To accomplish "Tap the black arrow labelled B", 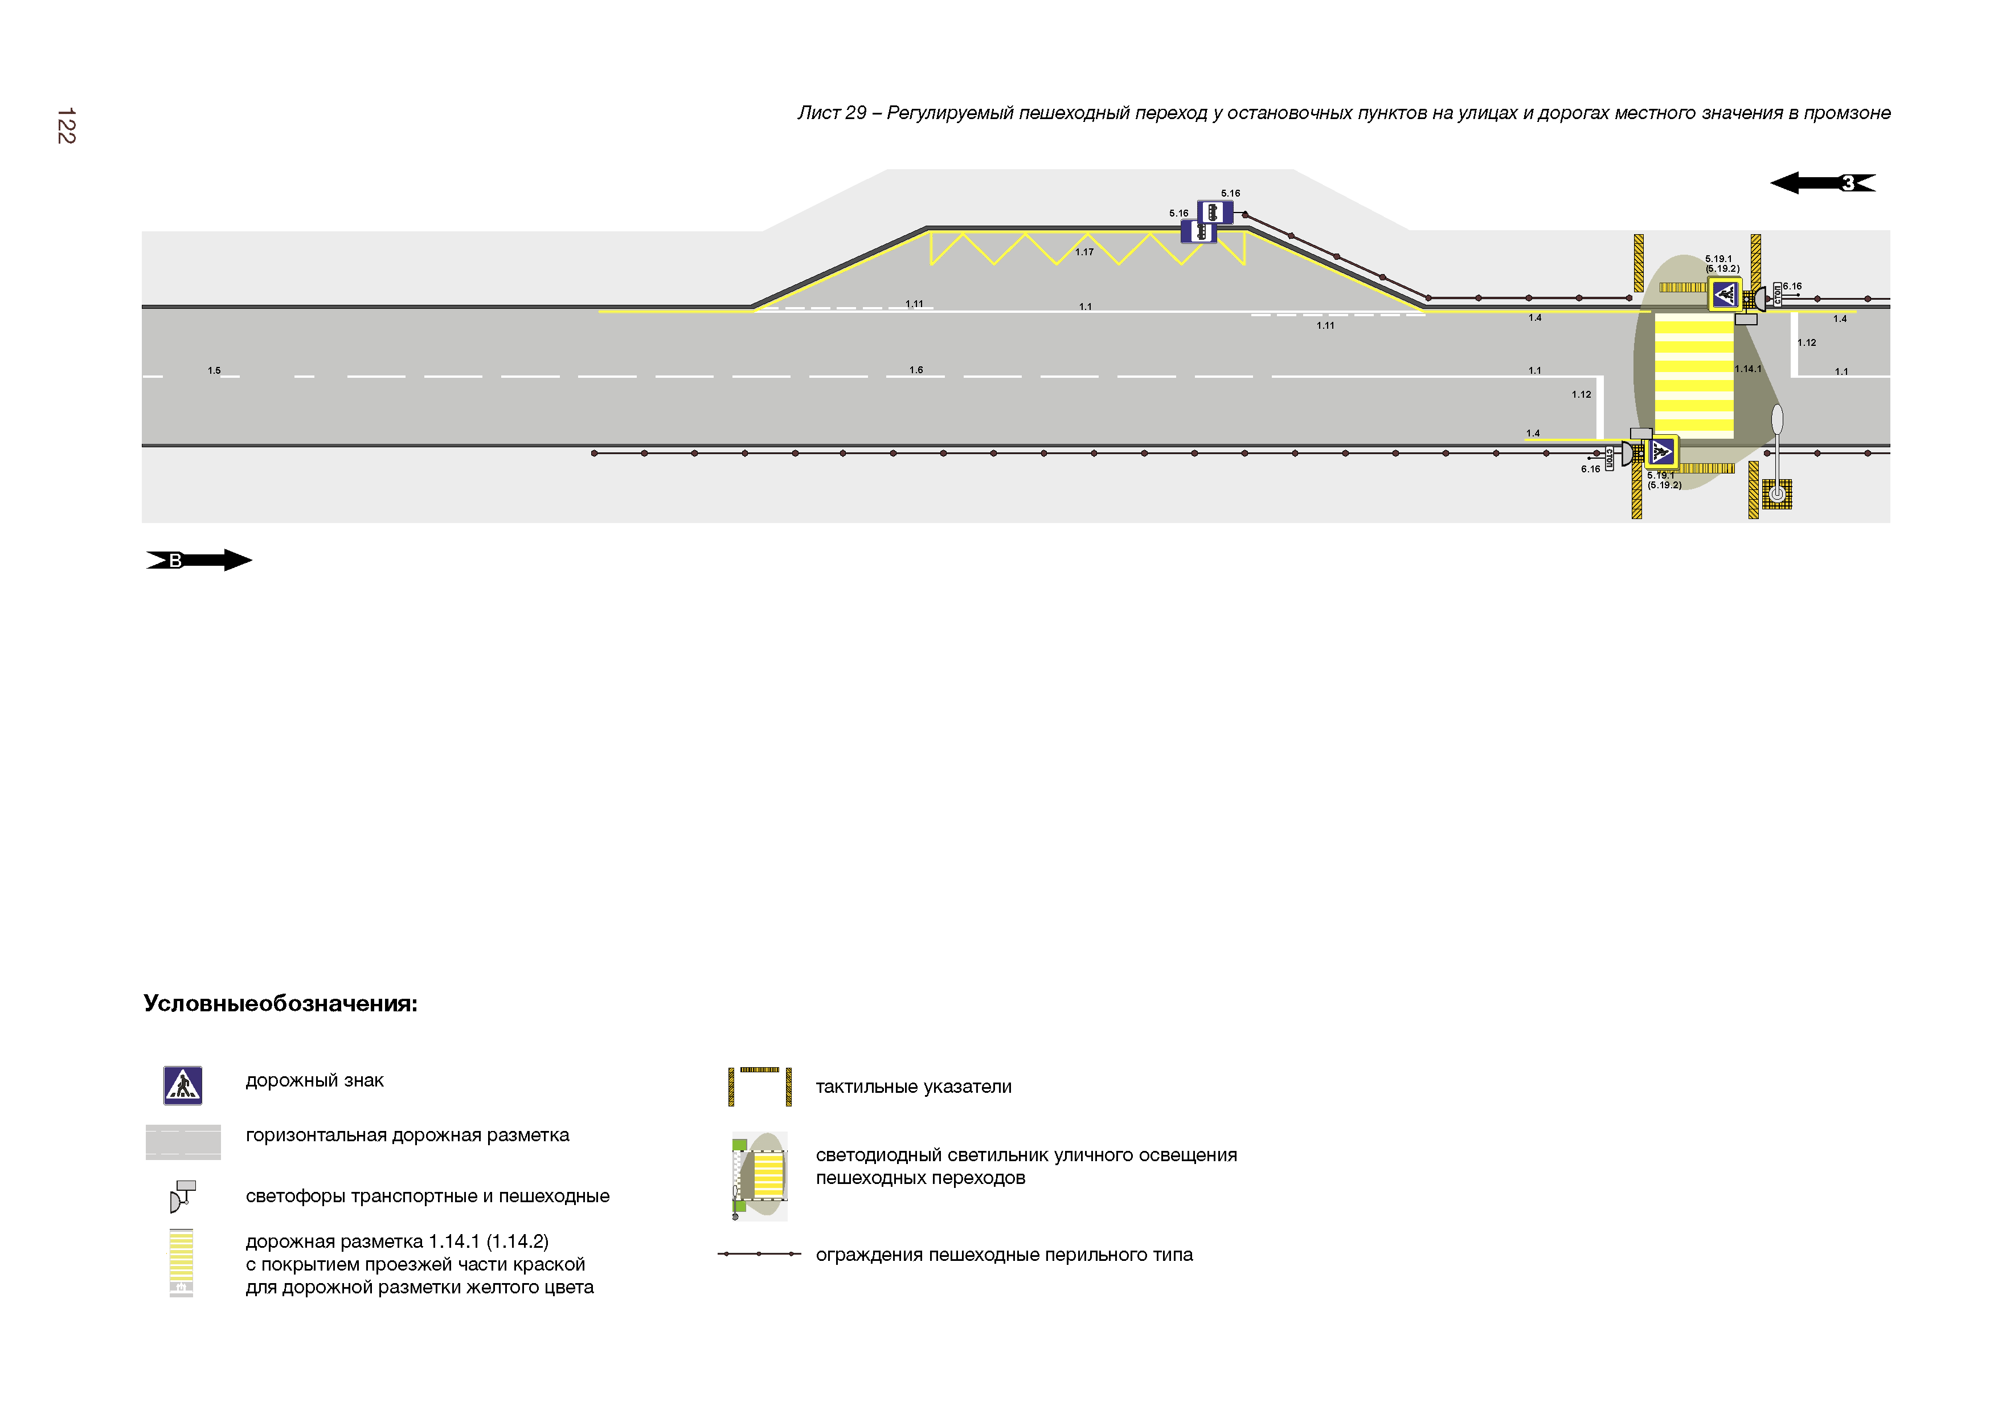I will [198, 560].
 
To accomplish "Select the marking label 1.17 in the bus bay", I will [1084, 252].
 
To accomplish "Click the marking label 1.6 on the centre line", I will [916, 370].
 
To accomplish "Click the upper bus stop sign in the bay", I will [1215, 211].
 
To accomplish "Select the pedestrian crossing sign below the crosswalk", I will [1661, 452].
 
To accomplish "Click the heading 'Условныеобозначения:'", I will [280, 1004].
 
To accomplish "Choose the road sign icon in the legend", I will [183, 1085].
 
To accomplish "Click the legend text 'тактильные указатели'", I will [914, 1087].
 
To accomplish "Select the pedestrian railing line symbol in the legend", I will [759, 1253].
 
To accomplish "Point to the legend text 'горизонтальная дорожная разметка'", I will [407, 1136].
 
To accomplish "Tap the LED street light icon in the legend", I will [760, 1175].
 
